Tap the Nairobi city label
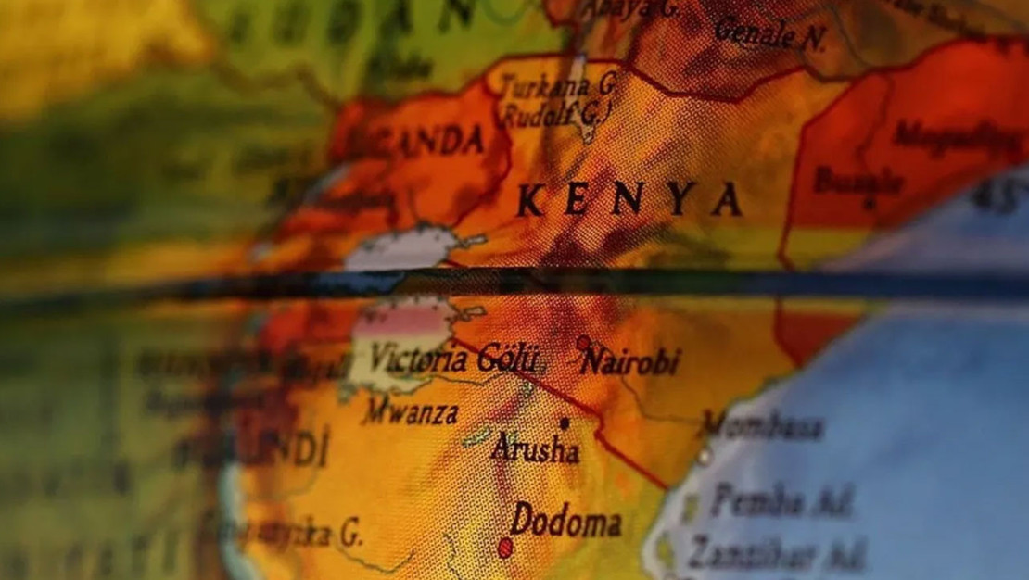click(630, 361)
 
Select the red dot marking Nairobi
click(583, 343)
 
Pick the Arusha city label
click(536, 449)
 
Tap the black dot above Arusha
click(564, 422)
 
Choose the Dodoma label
click(565, 521)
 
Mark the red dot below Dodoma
click(505, 548)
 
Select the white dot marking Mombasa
click(705, 456)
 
